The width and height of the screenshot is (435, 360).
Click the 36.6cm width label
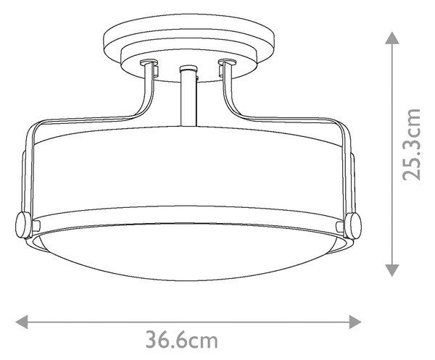point(182,340)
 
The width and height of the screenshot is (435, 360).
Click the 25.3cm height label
point(411,144)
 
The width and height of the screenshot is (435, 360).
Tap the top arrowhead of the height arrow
point(392,38)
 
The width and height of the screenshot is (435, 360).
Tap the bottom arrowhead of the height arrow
point(392,270)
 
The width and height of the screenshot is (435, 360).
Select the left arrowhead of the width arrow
point(22,322)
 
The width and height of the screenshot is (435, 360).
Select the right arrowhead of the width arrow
point(355,322)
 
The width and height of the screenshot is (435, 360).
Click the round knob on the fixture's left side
point(23,225)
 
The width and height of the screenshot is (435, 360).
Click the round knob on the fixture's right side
point(353,225)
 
